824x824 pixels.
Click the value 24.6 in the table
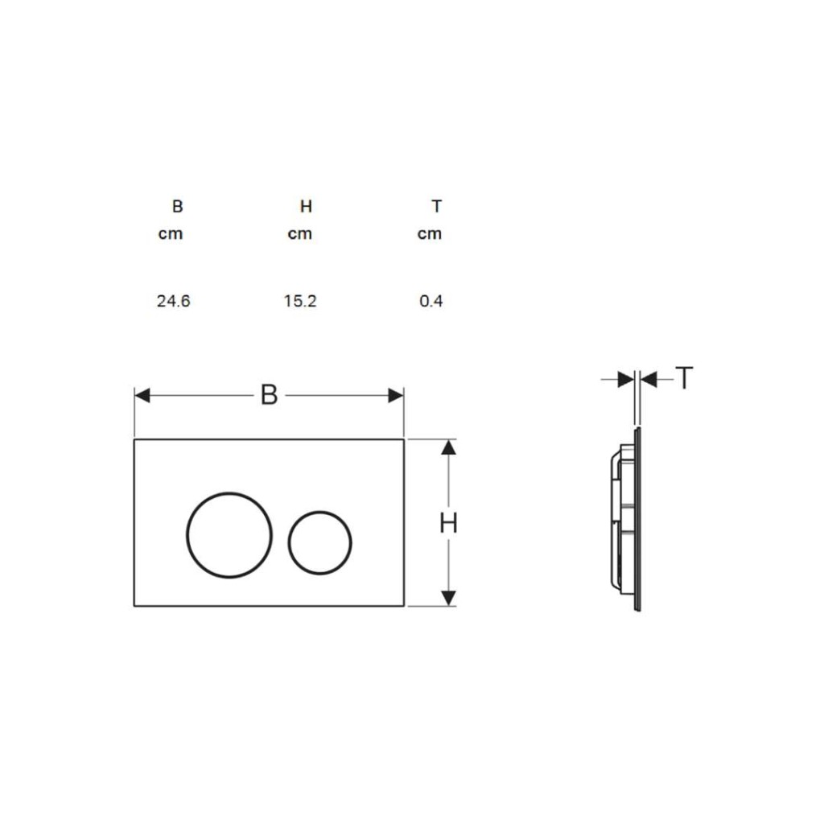click(x=174, y=301)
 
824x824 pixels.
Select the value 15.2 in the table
click(x=300, y=301)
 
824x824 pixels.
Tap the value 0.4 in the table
click(x=431, y=301)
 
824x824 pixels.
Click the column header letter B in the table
click(x=178, y=207)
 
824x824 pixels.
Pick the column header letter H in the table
click(x=307, y=207)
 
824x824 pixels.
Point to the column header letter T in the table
click(x=437, y=207)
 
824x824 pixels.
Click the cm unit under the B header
click(x=171, y=234)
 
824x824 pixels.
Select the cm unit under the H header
click(x=300, y=234)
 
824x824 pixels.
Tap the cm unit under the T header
click(x=430, y=234)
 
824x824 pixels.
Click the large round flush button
click(x=229, y=493)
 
